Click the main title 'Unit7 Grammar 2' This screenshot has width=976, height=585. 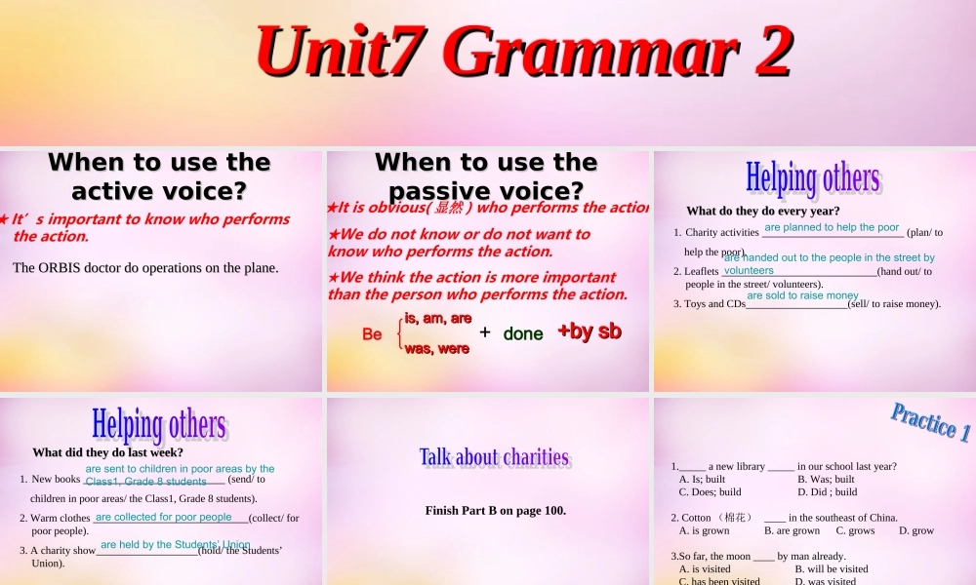pos(523,51)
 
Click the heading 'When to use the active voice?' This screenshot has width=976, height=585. pos(159,175)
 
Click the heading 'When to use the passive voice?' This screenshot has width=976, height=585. pos(486,175)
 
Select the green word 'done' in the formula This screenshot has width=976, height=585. pos(523,333)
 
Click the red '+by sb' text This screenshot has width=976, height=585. pos(589,331)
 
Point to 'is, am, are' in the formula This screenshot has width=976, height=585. pos(437,318)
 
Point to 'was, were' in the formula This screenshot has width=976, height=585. pos(436,349)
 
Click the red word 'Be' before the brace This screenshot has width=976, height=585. pos(372,334)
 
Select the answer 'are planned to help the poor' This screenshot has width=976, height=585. pos(832,227)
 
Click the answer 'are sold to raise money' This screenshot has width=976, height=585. pos(802,295)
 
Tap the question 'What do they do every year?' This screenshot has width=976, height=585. pos(763,211)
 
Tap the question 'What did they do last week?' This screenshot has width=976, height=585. pos(108,452)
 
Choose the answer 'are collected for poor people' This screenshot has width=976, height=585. pos(164,517)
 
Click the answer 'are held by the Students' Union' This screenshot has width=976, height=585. pos(176,544)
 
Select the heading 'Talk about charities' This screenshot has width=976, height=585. pos(494,457)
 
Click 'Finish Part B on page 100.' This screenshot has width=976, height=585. pos(496,510)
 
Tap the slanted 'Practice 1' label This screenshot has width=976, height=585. pos(930,422)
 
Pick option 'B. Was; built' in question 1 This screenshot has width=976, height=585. pos(826,479)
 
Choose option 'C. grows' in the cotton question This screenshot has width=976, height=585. pos(855,530)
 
